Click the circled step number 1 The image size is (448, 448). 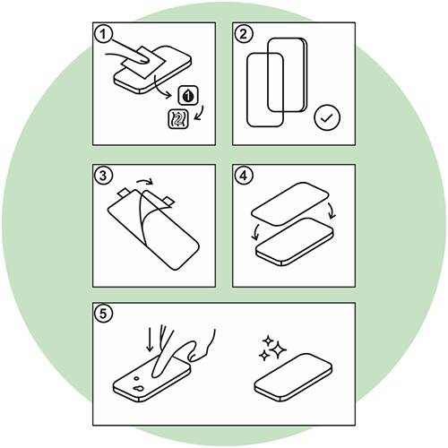[x=103, y=34]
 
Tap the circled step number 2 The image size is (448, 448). [x=244, y=34]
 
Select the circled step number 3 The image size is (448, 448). [x=103, y=176]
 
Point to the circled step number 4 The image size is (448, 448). [x=244, y=176]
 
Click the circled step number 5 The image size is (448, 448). [x=103, y=314]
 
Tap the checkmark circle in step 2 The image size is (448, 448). [x=327, y=117]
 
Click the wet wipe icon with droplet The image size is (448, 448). [x=188, y=95]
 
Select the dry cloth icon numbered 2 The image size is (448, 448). [x=178, y=119]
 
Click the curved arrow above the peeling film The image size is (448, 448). [x=145, y=180]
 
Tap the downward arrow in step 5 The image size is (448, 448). [x=150, y=339]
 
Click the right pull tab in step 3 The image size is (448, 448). [x=168, y=202]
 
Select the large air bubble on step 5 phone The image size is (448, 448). [x=138, y=389]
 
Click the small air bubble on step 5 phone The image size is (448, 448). [x=136, y=378]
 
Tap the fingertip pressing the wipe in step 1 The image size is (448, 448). [x=142, y=59]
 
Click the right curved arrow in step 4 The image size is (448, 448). [x=331, y=210]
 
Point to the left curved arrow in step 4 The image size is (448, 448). [x=255, y=231]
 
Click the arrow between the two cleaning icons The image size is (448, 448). [x=200, y=113]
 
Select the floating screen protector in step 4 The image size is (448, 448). [x=290, y=204]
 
